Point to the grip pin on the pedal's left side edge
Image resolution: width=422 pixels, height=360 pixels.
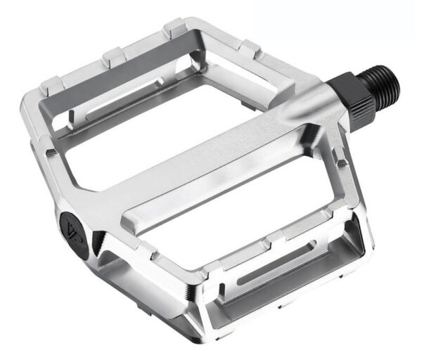(50, 152)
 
